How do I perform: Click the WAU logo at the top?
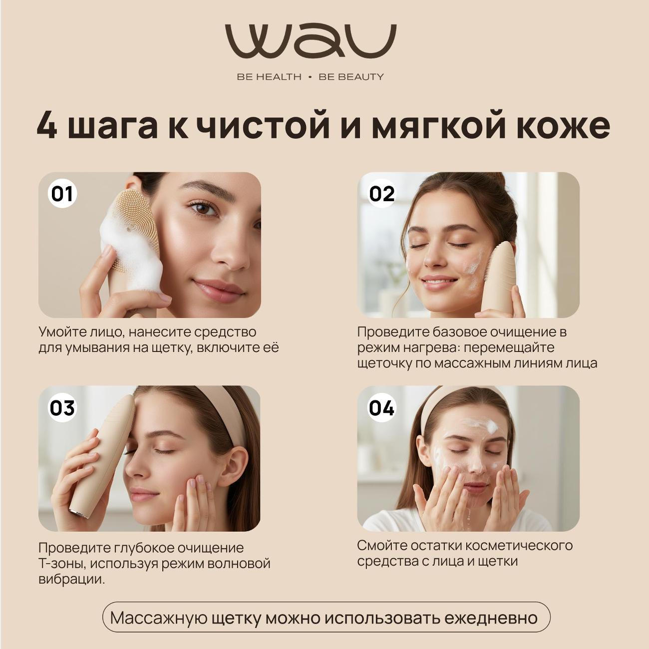tap(311, 40)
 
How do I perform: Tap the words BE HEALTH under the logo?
tap(269, 77)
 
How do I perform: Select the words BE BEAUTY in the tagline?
tap(351, 77)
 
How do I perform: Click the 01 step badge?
tap(62, 194)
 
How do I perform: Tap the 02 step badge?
tap(381, 194)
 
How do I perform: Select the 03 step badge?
tap(62, 407)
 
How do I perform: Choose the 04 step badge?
tap(381, 407)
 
